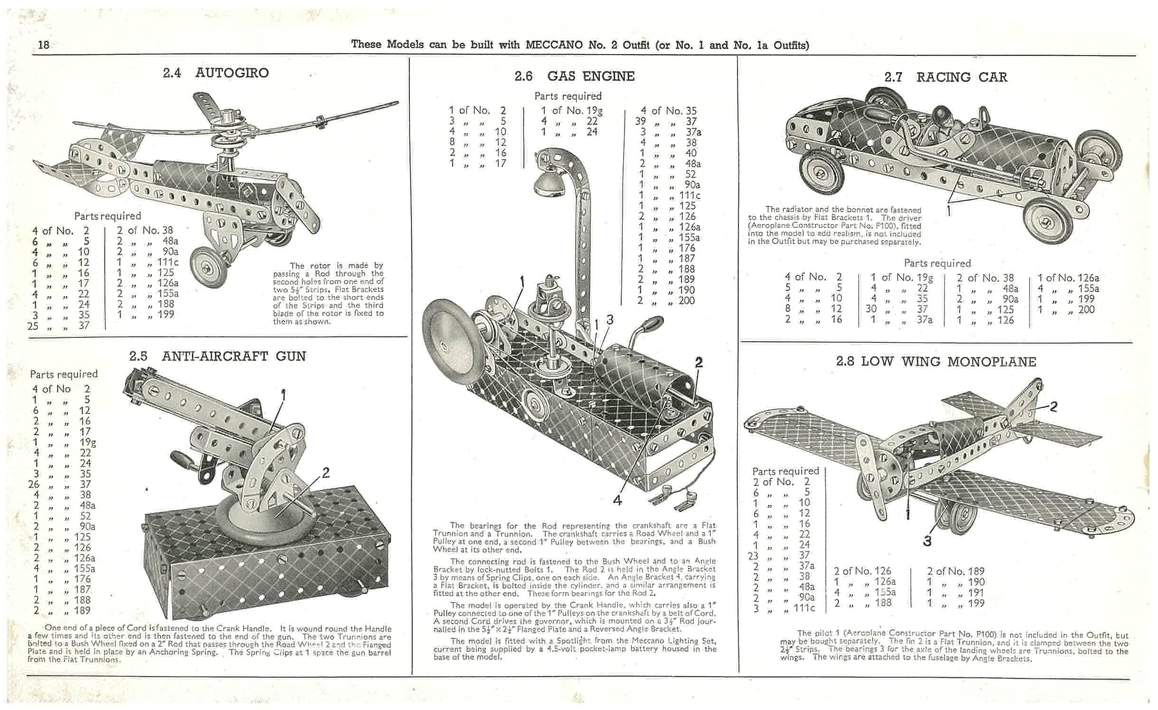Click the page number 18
(x=44, y=45)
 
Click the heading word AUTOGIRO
(x=232, y=73)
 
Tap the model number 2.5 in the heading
(x=138, y=356)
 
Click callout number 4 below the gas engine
(x=617, y=500)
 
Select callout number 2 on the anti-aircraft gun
(x=326, y=472)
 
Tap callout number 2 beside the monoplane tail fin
(x=1053, y=407)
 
